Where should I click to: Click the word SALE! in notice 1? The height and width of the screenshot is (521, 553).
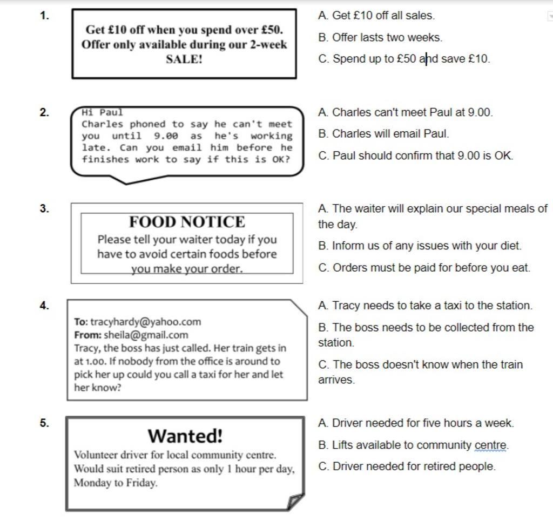[x=184, y=59]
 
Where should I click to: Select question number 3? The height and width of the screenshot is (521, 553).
[x=45, y=209]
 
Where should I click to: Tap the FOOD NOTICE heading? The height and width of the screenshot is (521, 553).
[x=187, y=222]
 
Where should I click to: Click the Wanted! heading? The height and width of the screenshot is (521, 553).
[x=185, y=435]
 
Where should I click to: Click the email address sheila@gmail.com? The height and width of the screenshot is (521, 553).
[x=146, y=335]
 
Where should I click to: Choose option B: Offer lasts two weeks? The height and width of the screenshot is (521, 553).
[x=381, y=38]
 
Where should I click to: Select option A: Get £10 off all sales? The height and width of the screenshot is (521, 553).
[x=377, y=16]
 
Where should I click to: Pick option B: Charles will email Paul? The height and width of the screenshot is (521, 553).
[x=383, y=133]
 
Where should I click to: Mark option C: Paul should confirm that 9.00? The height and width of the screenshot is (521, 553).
[x=416, y=156]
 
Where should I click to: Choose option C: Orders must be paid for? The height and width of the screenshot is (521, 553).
[x=424, y=268]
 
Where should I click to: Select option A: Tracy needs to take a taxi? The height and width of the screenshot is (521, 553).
[x=426, y=306]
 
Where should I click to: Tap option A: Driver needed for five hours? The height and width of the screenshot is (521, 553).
[x=416, y=423]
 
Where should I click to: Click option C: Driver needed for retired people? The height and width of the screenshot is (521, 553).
[x=407, y=466]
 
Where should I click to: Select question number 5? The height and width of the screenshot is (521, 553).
[x=45, y=423]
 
